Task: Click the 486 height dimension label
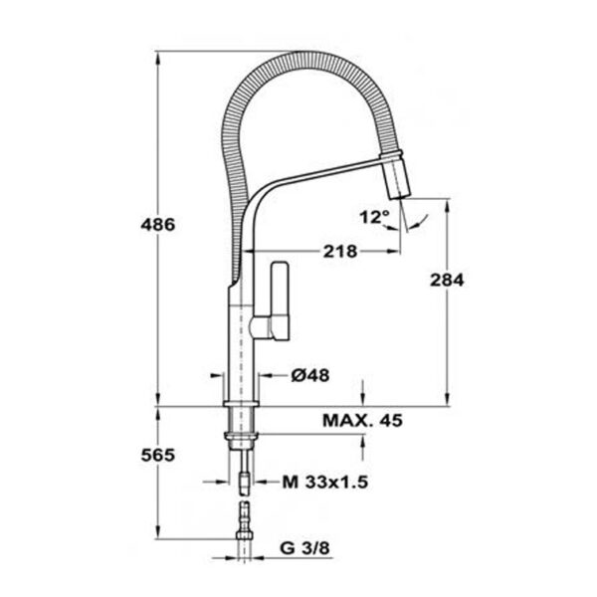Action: pos(158,225)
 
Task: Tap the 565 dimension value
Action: pos(158,455)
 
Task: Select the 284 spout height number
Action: pos(447,281)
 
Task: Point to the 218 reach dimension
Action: pos(340,252)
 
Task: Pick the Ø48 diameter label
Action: pos(310,376)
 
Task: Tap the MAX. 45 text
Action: pos(362,421)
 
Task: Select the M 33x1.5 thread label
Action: pos(325,483)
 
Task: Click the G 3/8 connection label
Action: pos(304,548)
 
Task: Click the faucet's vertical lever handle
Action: pos(280,300)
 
